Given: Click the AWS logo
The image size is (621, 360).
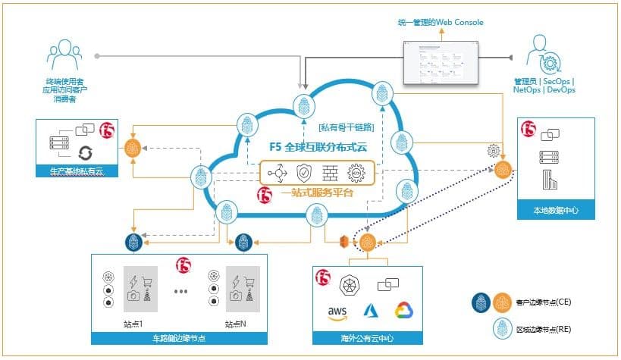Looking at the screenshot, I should click(337, 311).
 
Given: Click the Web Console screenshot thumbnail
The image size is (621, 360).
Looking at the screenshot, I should click(441, 62).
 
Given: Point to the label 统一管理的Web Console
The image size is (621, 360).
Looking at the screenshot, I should click(441, 23).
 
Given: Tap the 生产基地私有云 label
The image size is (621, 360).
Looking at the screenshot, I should click(74, 171).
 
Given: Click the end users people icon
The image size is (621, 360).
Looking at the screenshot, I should click(64, 54).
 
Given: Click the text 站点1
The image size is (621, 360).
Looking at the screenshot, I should click(133, 324).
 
